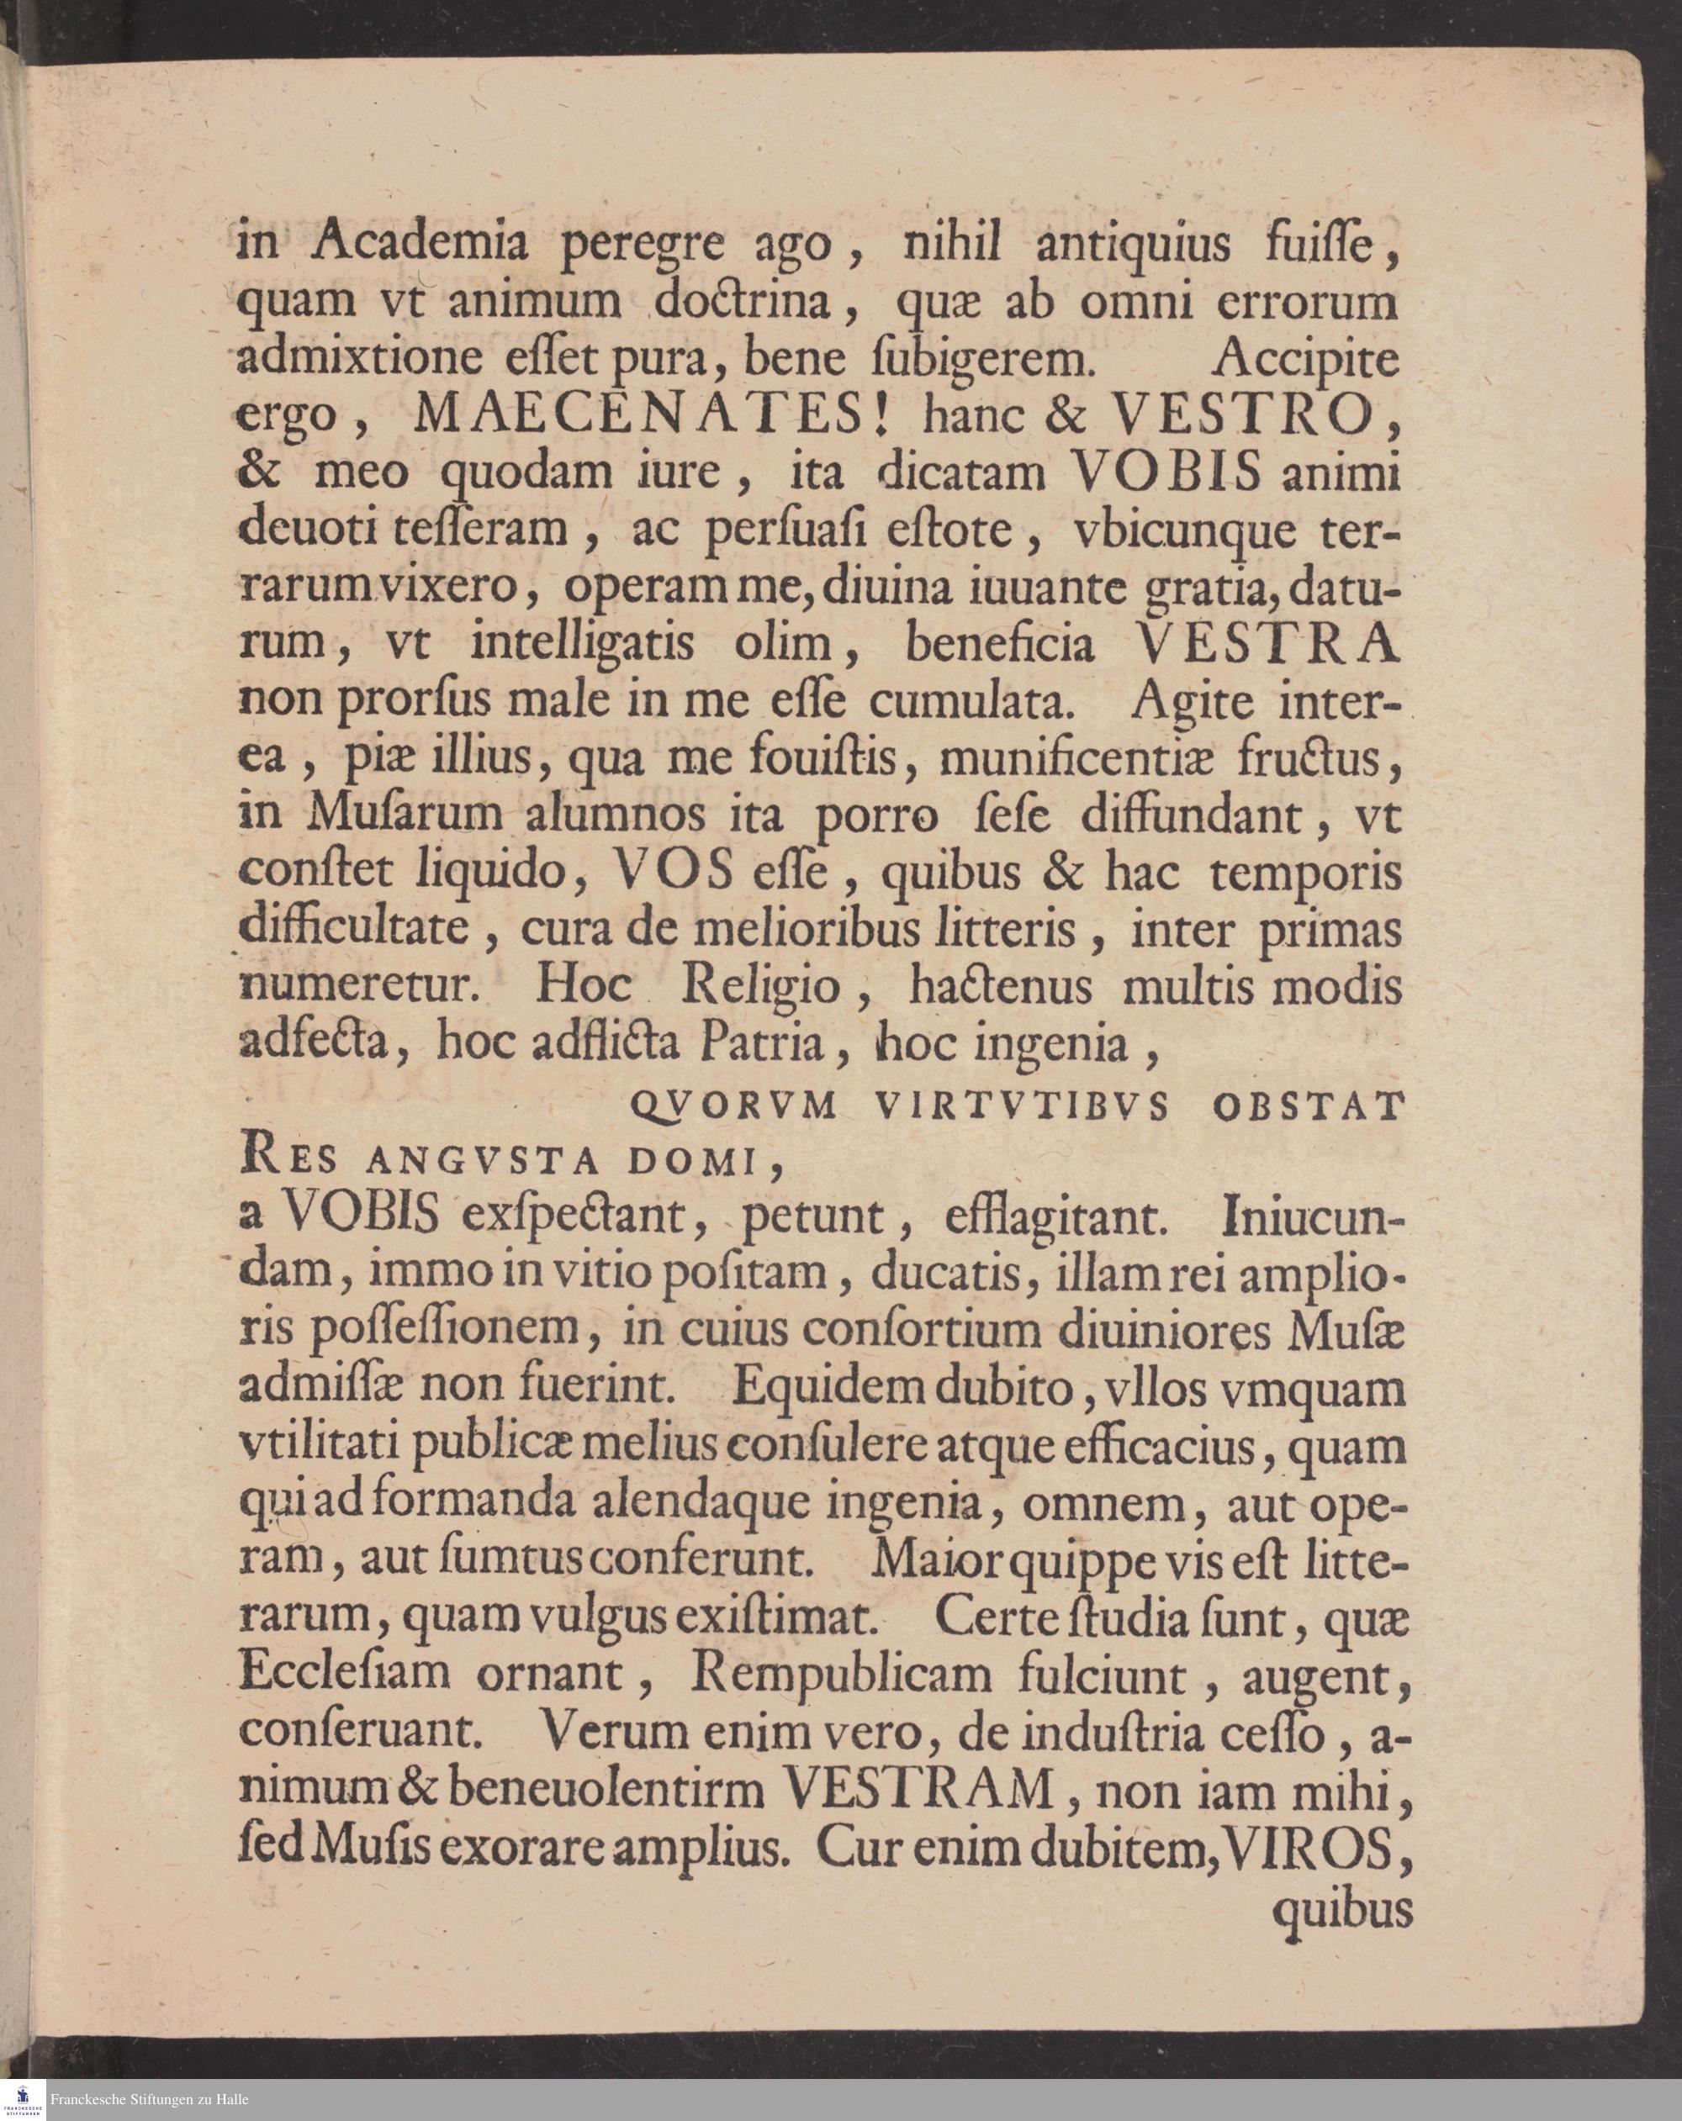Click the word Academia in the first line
coord(421,243)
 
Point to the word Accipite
coord(1305,359)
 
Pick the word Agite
coord(1193,701)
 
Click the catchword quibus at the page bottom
coord(1341,1908)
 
